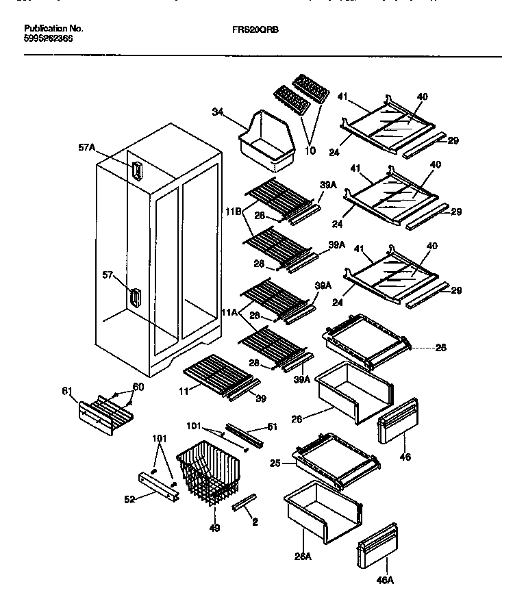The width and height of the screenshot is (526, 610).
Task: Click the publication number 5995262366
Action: [49, 39]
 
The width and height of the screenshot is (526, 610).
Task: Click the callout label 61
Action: [66, 390]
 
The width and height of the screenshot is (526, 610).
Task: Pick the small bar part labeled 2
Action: [245, 504]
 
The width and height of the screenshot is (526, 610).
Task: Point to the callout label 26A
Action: [303, 555]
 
